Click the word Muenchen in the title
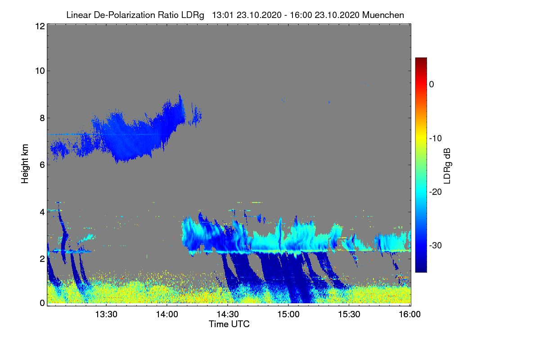tap(383, 15)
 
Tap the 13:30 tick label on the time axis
tap(106, 314)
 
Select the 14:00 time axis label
tap(167, 314)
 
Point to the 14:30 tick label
tap(228, 314)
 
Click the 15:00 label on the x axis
tap(288, 314)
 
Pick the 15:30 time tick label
tap(349, 314)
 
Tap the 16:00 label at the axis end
tap(409, 314)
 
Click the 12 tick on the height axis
tap(40, 26)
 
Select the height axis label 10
tap(40, 71)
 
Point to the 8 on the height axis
tap(42, 118)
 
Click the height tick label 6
tap(42, 165)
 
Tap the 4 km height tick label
tap(42, 212)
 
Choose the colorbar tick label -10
tap(436, 139)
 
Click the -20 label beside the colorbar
tap(436, 192)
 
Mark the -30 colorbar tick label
tap(436, 245)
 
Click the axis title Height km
tap(25, 164)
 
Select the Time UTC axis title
tap(229, 324)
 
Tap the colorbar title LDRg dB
tap(447, 166)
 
